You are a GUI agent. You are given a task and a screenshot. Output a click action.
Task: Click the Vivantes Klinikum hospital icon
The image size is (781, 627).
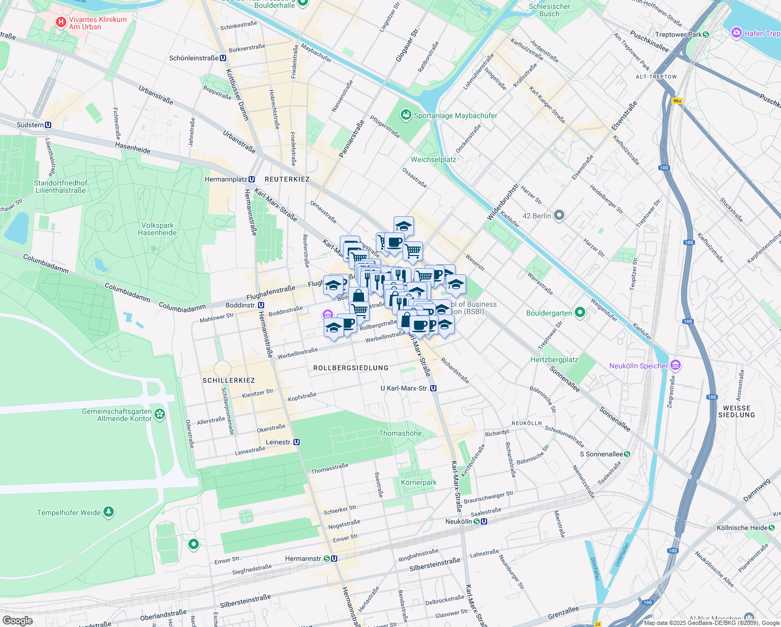tap(61, 22)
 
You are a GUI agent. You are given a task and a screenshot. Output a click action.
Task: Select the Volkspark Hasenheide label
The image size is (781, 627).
tap(157, 229)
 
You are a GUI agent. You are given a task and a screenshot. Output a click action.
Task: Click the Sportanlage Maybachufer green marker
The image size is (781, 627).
tap(406, 115)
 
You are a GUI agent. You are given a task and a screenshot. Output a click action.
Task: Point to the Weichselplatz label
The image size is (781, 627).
tap(433, 159)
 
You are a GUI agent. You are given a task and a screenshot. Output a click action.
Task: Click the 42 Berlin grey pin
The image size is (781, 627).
tap(559, 215)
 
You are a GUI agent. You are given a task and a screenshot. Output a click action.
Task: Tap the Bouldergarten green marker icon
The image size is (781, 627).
tap(580, 313)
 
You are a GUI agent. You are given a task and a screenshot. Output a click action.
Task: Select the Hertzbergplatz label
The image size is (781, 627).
tap(554, 359)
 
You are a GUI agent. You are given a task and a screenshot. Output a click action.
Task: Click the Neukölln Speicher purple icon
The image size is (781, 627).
tap(675, 365)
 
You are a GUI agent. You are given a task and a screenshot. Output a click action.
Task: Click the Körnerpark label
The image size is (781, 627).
tap(419, 482)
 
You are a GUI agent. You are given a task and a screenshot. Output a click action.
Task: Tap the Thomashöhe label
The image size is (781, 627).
tap(400, 433)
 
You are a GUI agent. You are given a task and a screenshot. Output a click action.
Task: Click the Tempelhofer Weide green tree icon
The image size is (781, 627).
tap(109, 512)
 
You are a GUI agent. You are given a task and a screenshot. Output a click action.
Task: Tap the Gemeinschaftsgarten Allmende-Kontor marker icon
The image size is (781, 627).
tap(160, 415)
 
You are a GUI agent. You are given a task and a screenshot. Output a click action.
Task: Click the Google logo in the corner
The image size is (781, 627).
tap(17, 620)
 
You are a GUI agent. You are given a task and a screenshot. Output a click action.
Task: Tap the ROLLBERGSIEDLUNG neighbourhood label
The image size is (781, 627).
tap(351, 368)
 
